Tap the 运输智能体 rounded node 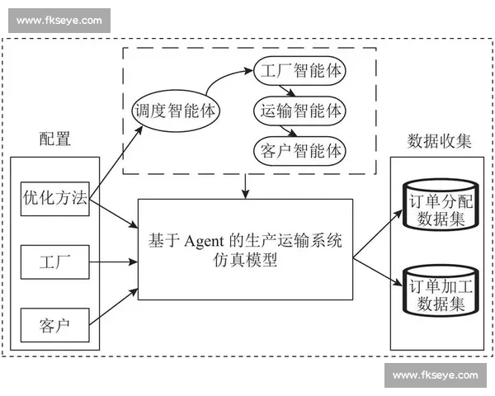coord(299,111)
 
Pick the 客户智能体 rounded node coord(299,152)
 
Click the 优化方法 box coord(55,199)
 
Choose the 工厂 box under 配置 coord(55,262)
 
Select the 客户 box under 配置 coord(55,323)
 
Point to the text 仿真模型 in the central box coord(247,262)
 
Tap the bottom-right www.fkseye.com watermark coord(435,375)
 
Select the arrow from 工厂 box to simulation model coord(113,262)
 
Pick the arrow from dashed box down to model coord(246,186)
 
